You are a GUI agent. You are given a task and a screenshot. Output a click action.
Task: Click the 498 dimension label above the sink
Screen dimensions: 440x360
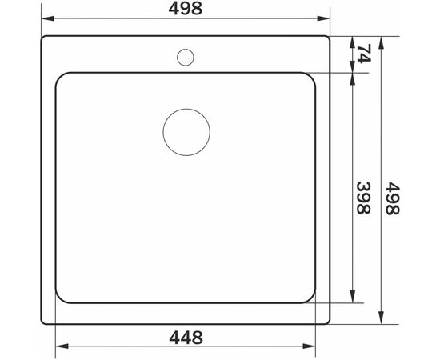pyautogui.click(x=186, y=9)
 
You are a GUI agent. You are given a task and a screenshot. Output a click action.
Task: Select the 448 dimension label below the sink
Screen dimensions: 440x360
pyautogui.click(x=186, y=338)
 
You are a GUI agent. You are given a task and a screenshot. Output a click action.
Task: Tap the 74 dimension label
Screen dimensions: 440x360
pyautogui.click(x=364, y=54)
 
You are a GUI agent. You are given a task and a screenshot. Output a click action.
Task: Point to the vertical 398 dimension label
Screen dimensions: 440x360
pyautogui.click(x=364, y=198)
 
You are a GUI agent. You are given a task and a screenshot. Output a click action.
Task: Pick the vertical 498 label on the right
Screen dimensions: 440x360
pyautogui.click(x=392, y=198)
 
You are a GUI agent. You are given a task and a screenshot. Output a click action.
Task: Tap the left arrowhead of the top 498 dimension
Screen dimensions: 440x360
pyautogui.click(x=48, y=18)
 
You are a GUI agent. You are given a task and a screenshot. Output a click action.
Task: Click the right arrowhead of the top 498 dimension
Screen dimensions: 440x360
pyautogui.click(x=323, y=18)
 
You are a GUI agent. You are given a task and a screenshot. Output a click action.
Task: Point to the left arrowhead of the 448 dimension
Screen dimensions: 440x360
pyautogui.click(x=62, y=346)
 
